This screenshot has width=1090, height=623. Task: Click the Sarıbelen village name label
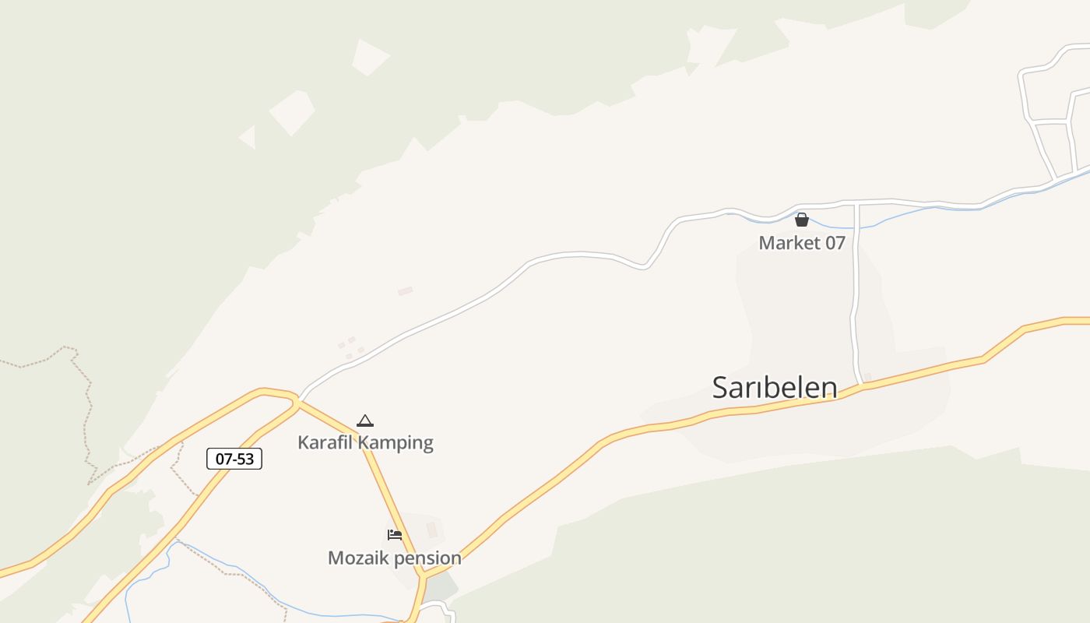pyautogui.click(x=775, y=387)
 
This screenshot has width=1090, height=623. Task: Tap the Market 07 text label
pyautogui.click(x=802, y=243)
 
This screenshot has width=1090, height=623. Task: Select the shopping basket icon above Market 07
pyautogui.click(x=802, y=220)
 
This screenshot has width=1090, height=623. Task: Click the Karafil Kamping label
pyautogui.click(x=365, y=442)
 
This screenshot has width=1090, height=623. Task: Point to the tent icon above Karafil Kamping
pyautogui.click(x=365, y=421)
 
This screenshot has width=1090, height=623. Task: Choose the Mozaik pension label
pyautogui.click(x=394, y=558)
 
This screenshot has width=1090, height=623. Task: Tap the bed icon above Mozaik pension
pyautogui.click(x=395, y=535)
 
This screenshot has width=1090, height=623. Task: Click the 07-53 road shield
pyautogui.click(x=234, y=459)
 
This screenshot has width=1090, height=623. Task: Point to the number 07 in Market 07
pyautogui.click(x=835, y=243)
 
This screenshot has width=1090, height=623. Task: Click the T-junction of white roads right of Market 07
pyautogui.click(x=856, y=204)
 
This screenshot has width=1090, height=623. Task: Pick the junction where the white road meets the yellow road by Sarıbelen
pyautogui.click(x=863, y=385)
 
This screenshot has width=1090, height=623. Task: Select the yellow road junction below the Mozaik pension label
pyautogui.click(x=423, y=577)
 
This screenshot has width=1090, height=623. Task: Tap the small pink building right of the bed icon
pyautogui.click(x=432, y=530)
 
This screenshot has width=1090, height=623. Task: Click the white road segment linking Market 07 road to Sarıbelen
pyautogui.click(x=855, y=296)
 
